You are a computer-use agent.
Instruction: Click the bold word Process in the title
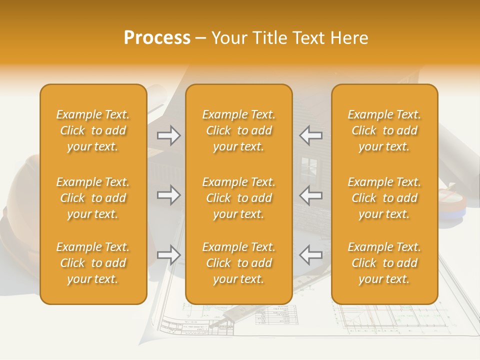click(x=157, y=37)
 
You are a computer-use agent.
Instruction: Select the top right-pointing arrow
click(x=168, y=135)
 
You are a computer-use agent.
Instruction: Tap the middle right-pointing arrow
click(x=168, y=195)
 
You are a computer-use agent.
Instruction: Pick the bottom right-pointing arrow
click(x=168, y=255)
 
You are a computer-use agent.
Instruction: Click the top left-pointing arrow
click(x=311, y=135)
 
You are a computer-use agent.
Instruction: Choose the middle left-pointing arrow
click(x=311, y=195)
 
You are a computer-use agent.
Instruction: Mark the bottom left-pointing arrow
click(x=311, y=255)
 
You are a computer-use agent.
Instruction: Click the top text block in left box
click(x=93, y=130)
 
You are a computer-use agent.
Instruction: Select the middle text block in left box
click(x=93, y=198)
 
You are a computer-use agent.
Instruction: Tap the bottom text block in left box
click(x=93, y=263)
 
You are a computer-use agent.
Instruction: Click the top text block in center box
click(x=238, y=130)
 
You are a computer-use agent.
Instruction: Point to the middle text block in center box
click(x=238, y=198)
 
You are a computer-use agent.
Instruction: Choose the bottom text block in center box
click(x=238, y=263)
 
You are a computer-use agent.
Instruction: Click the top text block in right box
click(x=384, y=130)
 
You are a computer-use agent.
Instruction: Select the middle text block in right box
click(x=384, y=198)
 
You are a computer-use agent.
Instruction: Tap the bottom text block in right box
click(x=384, y=263)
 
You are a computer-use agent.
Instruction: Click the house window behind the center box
click(x=308, y=164)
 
